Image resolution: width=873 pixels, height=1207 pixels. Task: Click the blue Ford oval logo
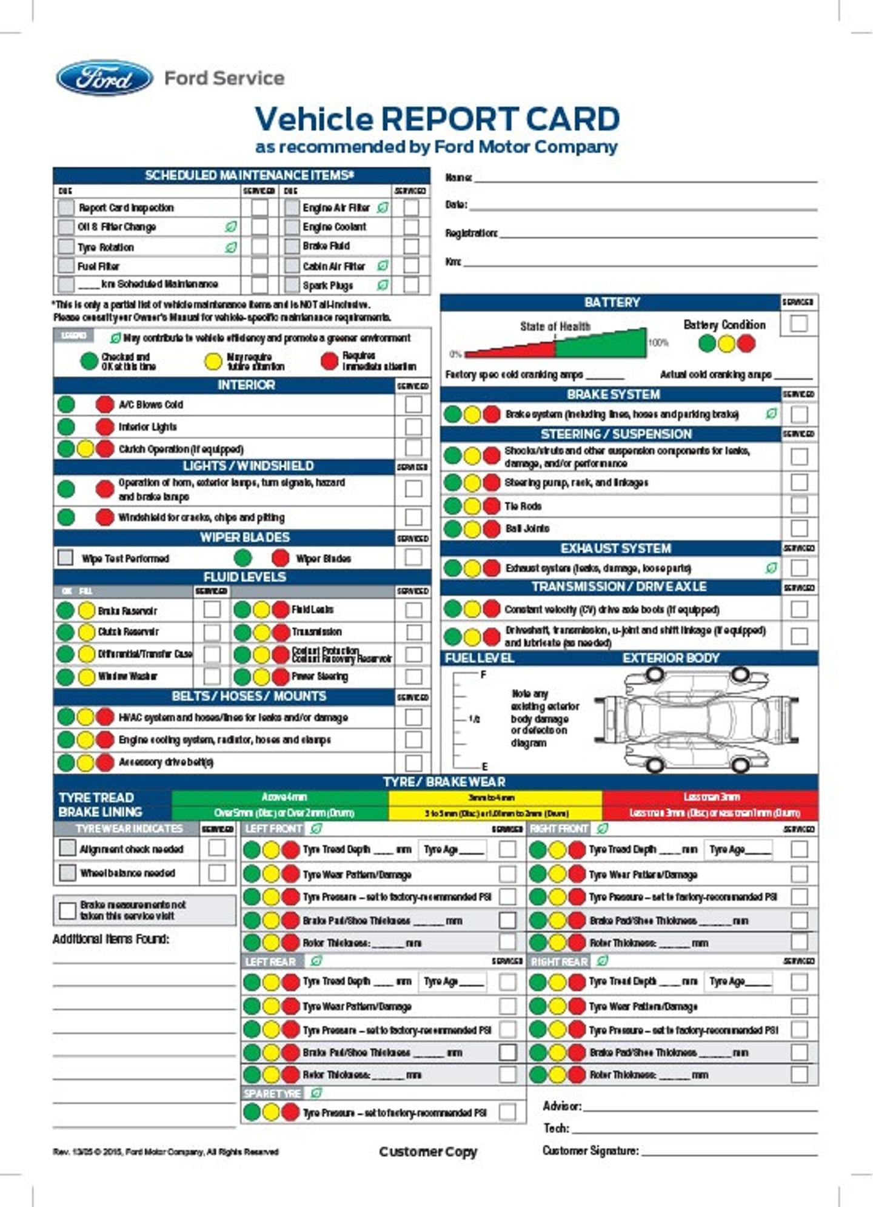[104, 78]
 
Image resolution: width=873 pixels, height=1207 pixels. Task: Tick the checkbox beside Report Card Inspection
[65, 207]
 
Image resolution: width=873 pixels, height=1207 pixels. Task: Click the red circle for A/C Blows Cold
[104, 405]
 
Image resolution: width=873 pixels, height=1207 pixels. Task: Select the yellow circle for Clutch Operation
[85, 449]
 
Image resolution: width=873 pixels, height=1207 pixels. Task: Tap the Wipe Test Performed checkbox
[65, 557]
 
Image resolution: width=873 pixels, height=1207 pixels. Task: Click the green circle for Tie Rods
[452, 506]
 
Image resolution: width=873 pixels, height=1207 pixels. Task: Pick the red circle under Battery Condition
[746, 343]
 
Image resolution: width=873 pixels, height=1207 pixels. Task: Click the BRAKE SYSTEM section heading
[613, 394]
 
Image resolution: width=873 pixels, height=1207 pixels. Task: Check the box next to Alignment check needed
[67, 848]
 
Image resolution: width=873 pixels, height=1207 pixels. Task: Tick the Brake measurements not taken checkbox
[67, 910]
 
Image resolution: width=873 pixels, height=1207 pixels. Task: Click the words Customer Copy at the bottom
[428, 1151]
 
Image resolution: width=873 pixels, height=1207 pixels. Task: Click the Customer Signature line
[727, 1154]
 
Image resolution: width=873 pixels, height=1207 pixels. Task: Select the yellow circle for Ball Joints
[472, 528]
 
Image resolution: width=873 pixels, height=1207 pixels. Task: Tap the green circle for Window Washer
[65, 676]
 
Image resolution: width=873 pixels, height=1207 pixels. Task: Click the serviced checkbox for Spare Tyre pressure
[507, 1112]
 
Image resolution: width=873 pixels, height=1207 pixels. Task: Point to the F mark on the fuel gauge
[483, 674]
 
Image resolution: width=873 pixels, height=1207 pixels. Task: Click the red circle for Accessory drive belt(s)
[104, 762]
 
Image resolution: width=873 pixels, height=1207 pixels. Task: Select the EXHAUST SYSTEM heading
[615, 548]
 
